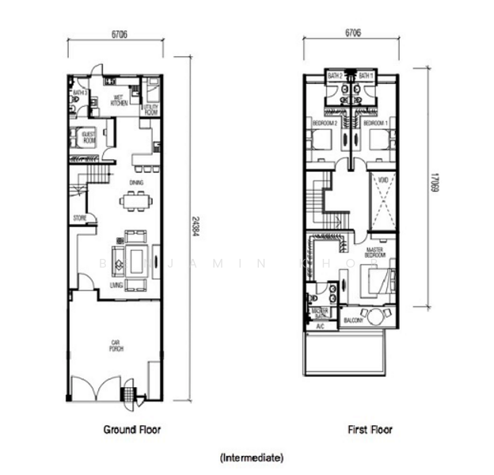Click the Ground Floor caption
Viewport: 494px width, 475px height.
pyautogui.click(x=132, y=430)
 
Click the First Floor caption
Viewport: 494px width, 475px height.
pyautogui.click(x=370, y=430)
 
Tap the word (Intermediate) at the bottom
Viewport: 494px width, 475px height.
pyautogui.click(x=251, y=458)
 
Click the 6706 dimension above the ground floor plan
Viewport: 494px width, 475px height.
pyautogui.click(x=116, y=35)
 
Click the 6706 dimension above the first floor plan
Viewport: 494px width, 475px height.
pyautogui.click(x=353, y=35)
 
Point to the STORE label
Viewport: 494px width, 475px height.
pyautogui.click(x=79, y=217)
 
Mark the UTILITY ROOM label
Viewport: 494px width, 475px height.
pyautogui.click(x=150, y=109)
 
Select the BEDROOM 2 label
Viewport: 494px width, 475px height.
pyautogui.click(x=325, y=123)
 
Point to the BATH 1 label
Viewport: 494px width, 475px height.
pyautogui.click(x=366, y=75)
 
